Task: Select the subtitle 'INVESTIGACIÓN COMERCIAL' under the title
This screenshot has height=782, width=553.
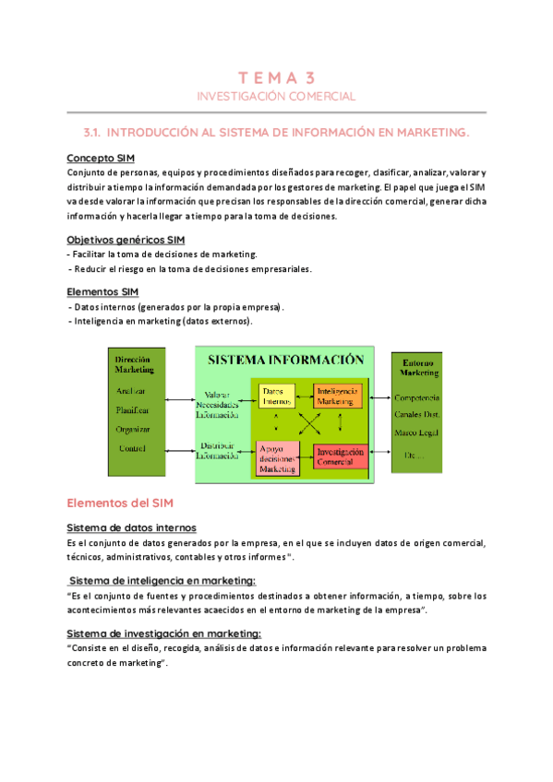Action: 276,96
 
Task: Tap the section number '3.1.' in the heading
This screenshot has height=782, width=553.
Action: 96,133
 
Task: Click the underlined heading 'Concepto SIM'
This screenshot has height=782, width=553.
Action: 102,158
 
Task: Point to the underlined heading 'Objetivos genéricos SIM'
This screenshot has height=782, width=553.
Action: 126,239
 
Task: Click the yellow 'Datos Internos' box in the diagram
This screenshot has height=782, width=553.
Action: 276,397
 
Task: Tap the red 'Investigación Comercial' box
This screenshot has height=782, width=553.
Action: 341,456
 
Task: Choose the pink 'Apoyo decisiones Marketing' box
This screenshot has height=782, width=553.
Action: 277,457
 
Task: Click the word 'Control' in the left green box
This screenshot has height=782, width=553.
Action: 133,448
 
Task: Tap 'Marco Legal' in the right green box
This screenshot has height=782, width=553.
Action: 417,432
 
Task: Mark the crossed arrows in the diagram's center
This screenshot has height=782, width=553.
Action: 308,425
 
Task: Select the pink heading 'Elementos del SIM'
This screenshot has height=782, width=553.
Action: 120,504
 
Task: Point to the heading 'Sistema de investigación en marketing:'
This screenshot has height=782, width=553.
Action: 164,633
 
